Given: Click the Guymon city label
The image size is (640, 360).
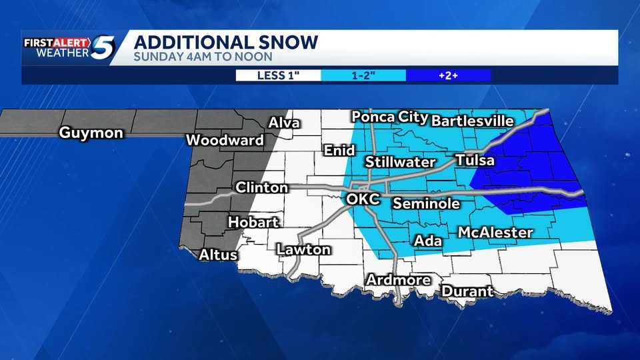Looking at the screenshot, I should pos(91,133).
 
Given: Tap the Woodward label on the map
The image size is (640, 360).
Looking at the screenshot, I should pos(225,141).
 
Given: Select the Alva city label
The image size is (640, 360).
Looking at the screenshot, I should pos(284,123).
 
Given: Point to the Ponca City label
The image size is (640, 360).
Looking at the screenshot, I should pos(389,117).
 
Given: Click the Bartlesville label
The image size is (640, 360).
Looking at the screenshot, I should pos(473,121).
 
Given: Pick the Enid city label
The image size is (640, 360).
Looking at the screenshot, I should pos(339,151).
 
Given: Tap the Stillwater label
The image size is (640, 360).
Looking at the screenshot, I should pos(400,162).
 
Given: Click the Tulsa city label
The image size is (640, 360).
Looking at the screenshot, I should pos(475,161).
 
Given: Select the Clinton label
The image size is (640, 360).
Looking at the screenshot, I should pos(261,187).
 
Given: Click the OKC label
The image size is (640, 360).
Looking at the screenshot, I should pos(363,199).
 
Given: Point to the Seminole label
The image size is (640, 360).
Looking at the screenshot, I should pos(426,203).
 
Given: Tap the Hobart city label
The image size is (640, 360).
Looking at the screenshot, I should pos(253,223).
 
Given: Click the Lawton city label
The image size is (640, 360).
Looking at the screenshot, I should pos(303,250).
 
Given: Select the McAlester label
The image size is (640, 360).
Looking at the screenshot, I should pos(495,233).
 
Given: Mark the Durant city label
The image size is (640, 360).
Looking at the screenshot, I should pos(467,291).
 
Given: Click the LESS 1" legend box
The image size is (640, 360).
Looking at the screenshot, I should pos(279,75).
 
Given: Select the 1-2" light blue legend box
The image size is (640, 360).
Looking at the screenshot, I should pos(363,75).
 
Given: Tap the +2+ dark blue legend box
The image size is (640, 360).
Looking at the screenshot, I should pos(447,75).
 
